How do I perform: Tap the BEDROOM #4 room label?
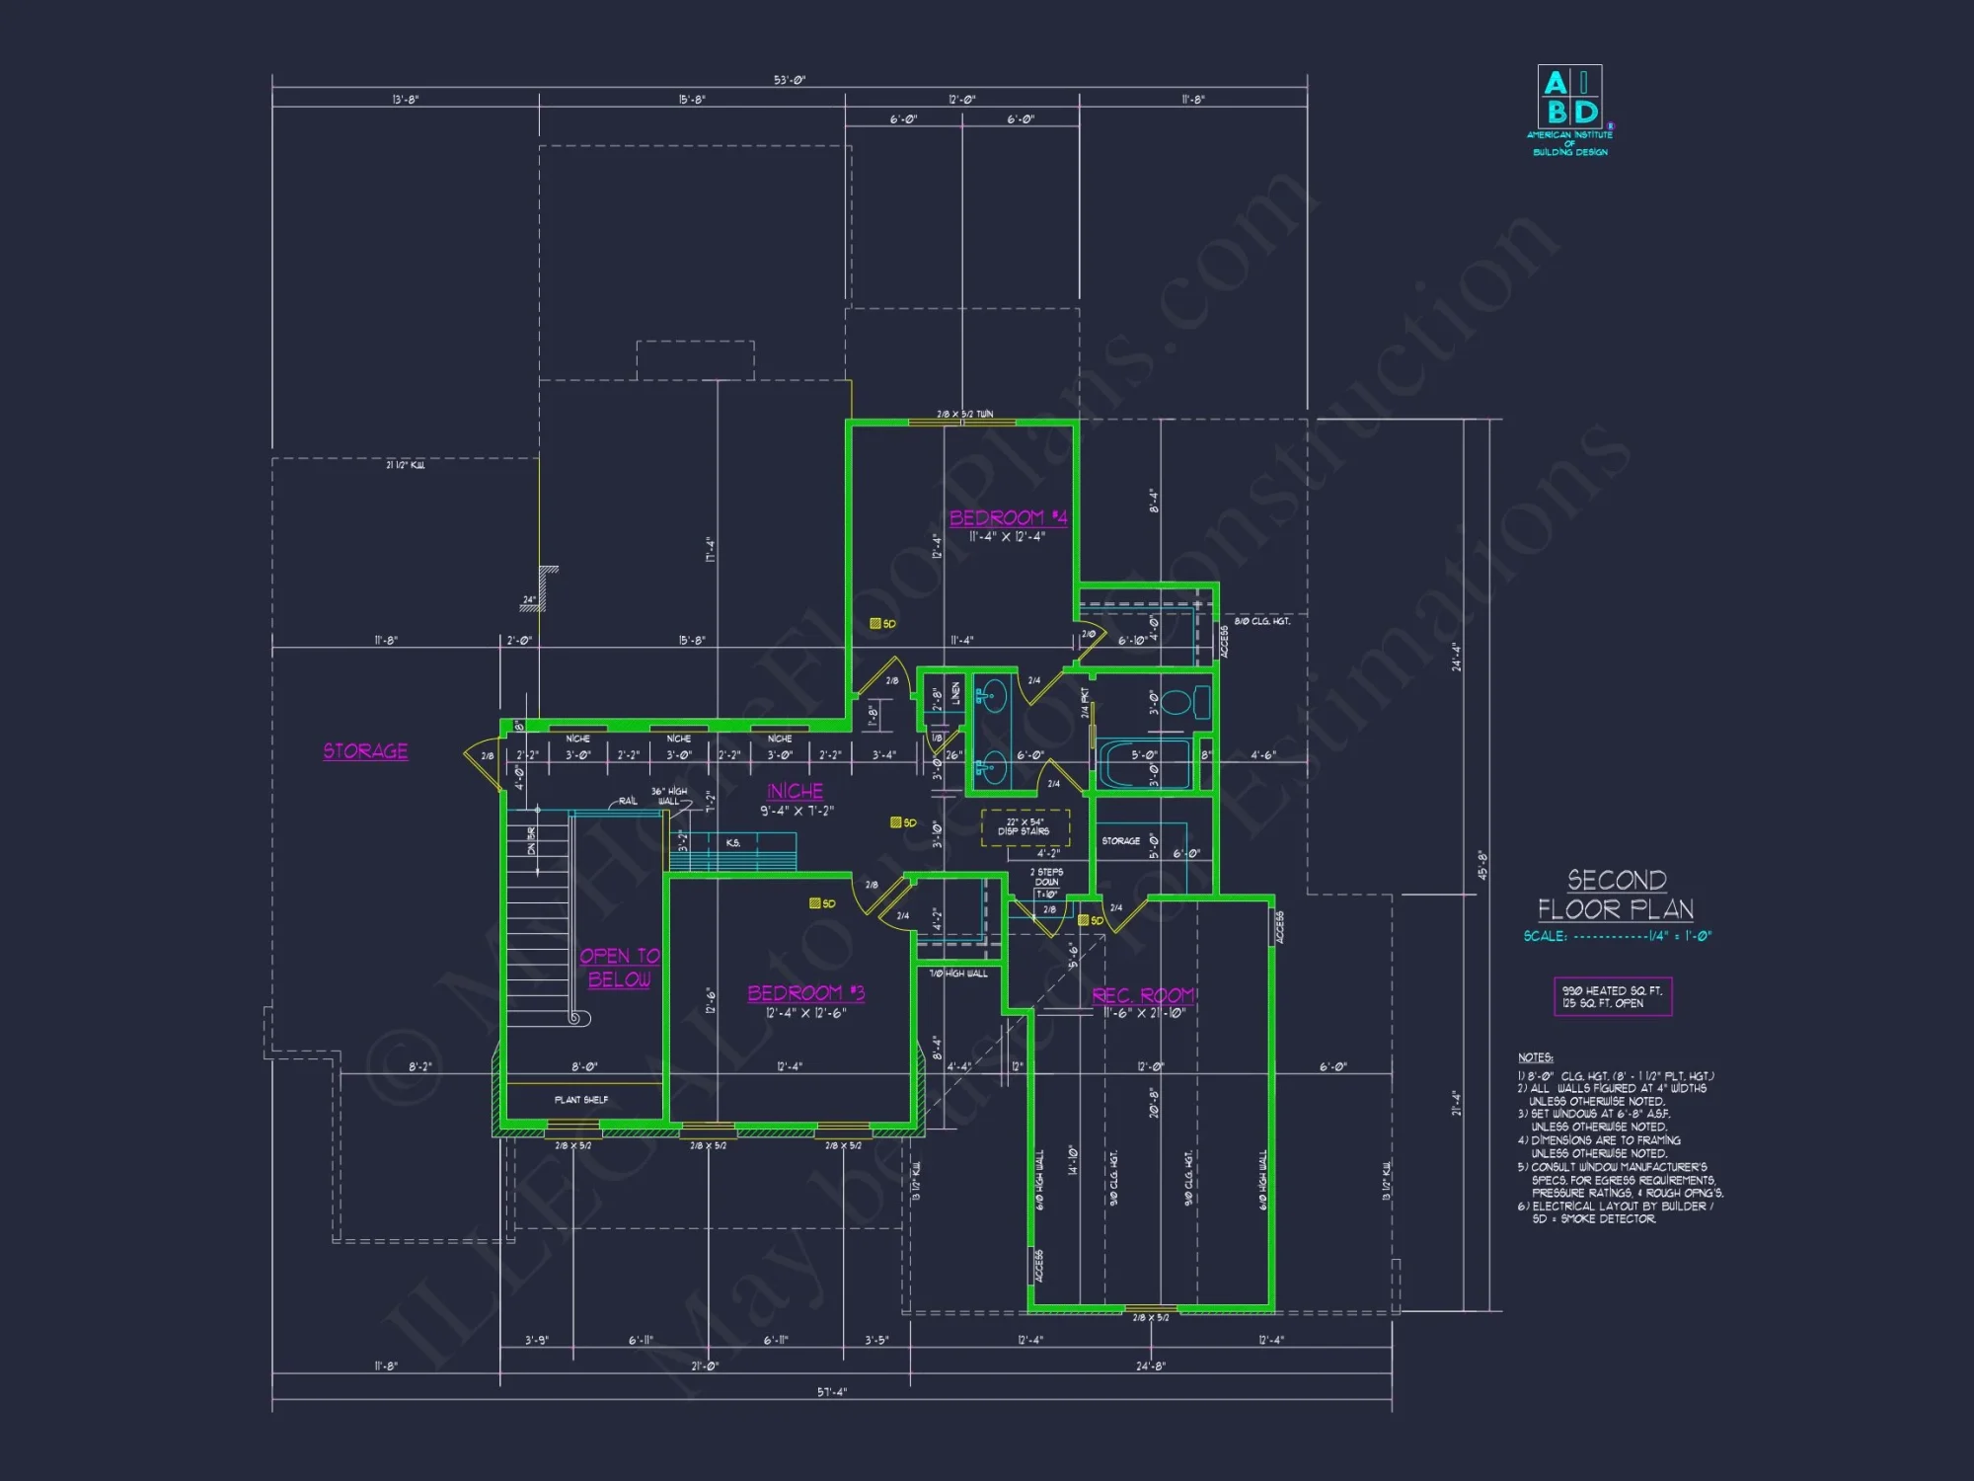tap(1008, 517)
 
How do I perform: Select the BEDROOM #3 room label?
tap(805, 993)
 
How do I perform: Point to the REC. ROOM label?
tap(1143, 995)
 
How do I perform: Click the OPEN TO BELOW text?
tap(619, 968)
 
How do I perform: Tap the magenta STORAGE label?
tap(365, 751)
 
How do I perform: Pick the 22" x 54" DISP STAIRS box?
tap(1025, 827)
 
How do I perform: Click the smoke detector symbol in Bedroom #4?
tap(875, 624)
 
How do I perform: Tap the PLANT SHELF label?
tap(581, 1100)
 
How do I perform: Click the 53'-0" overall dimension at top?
tap(789, 80)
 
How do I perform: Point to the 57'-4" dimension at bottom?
tap(831, 1392)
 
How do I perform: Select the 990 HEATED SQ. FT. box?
tap(1612, 996)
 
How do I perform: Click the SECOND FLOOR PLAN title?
tap(1616, 895)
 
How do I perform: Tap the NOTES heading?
tap(1535, 1057)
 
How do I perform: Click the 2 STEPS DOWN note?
tap(1046, 878)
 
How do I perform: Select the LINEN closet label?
tap(955, 693)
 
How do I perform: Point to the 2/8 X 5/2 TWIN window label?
tap(964, 415)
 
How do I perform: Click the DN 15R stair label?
tap(532, 840)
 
